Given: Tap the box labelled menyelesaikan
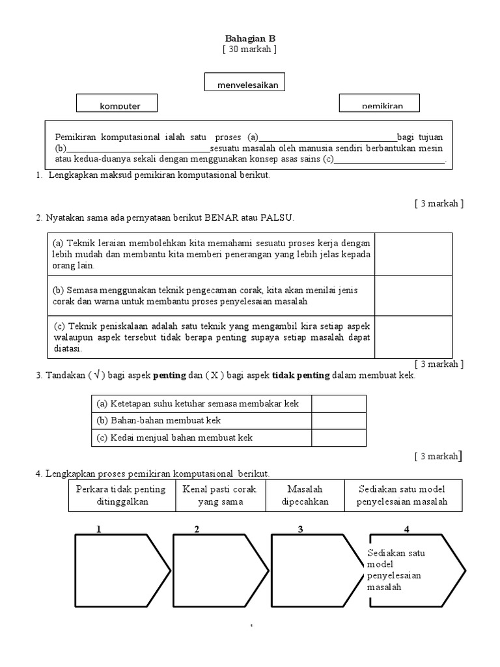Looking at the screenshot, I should click(x=245, y=83).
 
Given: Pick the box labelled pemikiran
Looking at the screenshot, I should click(x=380, y=103).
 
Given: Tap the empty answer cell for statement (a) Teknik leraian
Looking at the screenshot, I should click(x=413, y=254).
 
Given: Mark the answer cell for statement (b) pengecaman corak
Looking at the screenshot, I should click(x=413, y=296).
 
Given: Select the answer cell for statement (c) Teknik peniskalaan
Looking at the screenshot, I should click(x=413, y=337).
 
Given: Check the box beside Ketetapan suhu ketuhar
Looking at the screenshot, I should click(x=339, y=404).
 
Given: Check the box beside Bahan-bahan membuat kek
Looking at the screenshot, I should click(x=339, y=421).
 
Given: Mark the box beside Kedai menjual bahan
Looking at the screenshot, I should click(x=339, y=438).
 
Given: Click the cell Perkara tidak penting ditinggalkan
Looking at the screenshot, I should click(x=121, y=496).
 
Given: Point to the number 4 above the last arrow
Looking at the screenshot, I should click(x=406, y=529).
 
